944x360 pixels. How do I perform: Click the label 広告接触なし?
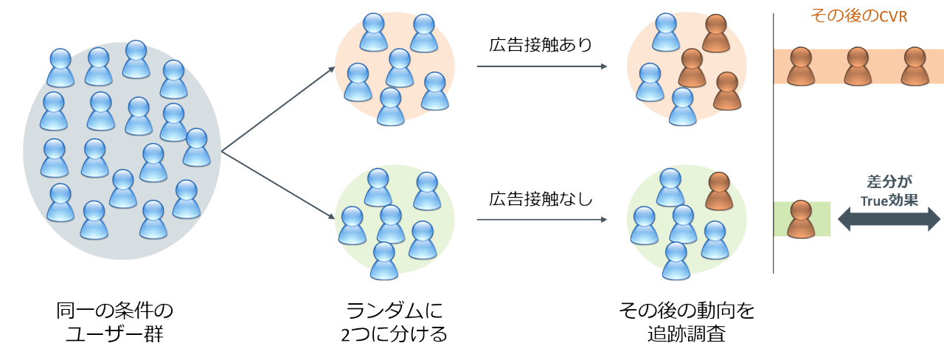pyautogui.click(x=541, y=198)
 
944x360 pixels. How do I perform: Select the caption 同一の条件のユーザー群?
pyautogui.click(x=114, y=322)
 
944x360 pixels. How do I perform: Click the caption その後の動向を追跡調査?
pyautogui.click(x=687, y=322)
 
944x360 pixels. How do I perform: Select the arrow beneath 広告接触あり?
pyautogui.click(x=542, y=66)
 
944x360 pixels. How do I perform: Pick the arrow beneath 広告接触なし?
pyautogui.click(x=542, y=219)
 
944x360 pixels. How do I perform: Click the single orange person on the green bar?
pyautogui.click(x=801, y=219)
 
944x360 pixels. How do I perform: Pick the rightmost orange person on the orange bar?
pyautogui.click(x=913, y=66)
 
